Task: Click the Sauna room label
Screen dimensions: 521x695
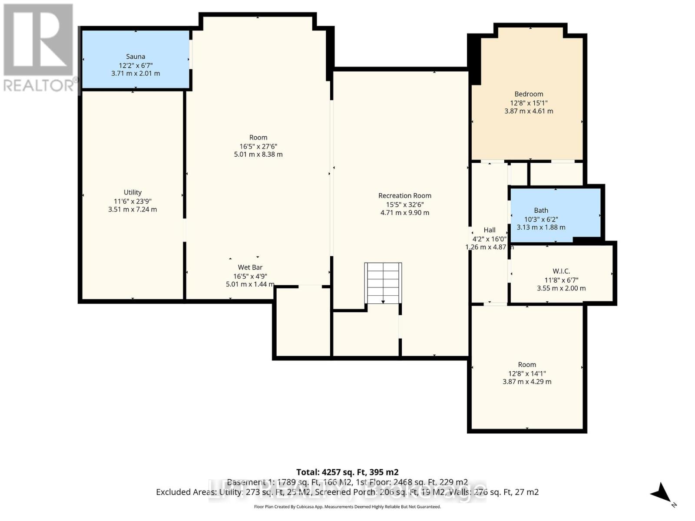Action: pyautogui.click(x=136, y=56)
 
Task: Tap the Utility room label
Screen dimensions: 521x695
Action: pyautogui.click(x=132, y=192)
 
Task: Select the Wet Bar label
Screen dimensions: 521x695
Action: pyautogui.click(x=250, y=267)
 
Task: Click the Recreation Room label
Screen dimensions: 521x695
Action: pyautogui.click(x=404, y=196)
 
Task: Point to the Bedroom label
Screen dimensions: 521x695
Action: pyautogui.click(x=529, y=94)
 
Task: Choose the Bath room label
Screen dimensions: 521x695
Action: pyautogui.click(x=541, y=211)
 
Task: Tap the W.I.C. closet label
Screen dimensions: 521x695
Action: pyautogui.click(x=561, y=271)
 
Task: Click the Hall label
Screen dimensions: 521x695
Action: pyautogui.click(x=490, y=230)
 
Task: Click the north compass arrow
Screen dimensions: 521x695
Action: pyautogui.click(x=662, y=494)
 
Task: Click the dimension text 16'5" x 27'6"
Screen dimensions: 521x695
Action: pyautogui.click(x=258, y=146)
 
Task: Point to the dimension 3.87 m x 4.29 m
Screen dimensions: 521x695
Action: pyautogui.click(x=527, y=382)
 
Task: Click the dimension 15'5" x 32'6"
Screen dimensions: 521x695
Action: pyautogui.click(x=404, y=204)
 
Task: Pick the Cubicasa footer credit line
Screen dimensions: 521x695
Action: pyautogui.click(x=347, y=507)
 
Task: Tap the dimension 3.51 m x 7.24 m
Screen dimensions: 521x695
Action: pyautogui.click(x=132, y=209)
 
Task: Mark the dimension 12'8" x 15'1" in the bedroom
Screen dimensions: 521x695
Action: pyautogui.click(x=529, y=103)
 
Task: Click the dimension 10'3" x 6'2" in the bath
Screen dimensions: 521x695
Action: pyautogui.click(x=541, y=219)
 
